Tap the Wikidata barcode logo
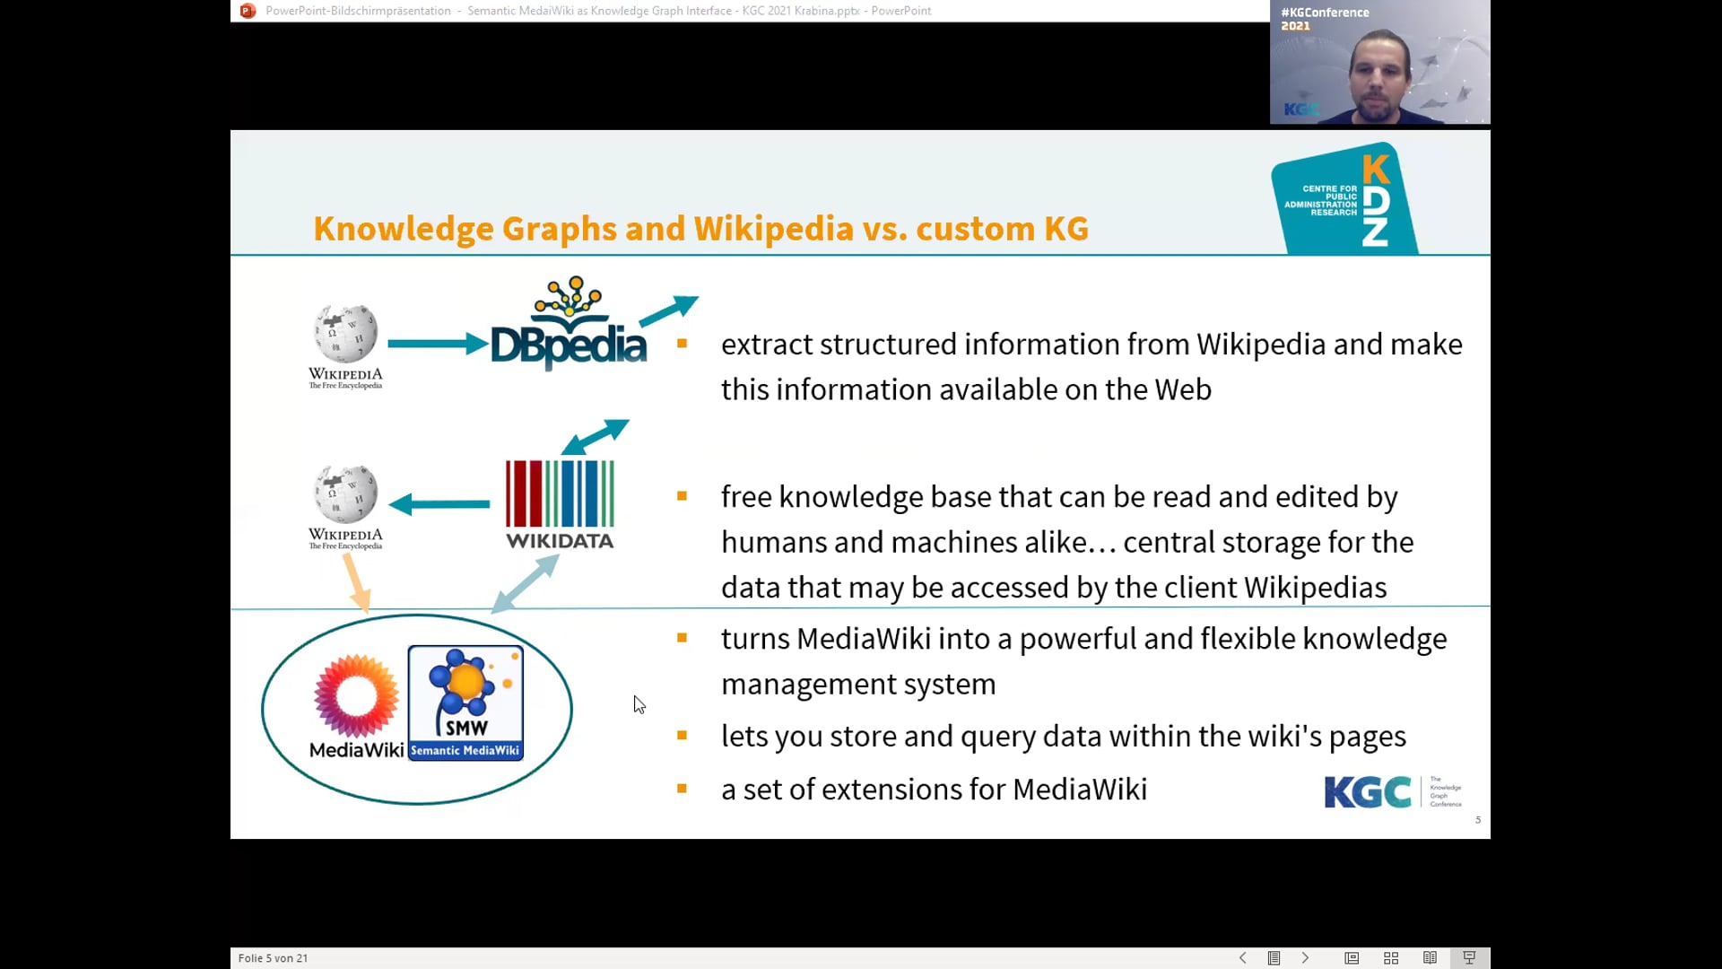point(560,503)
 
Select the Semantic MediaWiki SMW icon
point(465,703)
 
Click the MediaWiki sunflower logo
point(356,696)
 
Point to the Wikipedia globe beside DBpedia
point(345,335)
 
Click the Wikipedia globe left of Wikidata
point(345,494)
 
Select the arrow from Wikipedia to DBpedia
point(437,344)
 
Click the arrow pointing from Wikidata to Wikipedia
point(439,504)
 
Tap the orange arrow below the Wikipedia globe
point(356,582)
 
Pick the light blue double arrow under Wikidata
point(526,583)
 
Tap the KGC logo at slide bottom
point(1367,792)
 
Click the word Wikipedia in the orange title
point(773,229)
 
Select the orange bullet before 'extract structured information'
point(682,344)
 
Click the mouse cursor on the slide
point(639,704)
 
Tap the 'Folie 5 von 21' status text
point(273,958)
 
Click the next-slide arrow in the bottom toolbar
point(1305,958)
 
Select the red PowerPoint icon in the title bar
point(248,11)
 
